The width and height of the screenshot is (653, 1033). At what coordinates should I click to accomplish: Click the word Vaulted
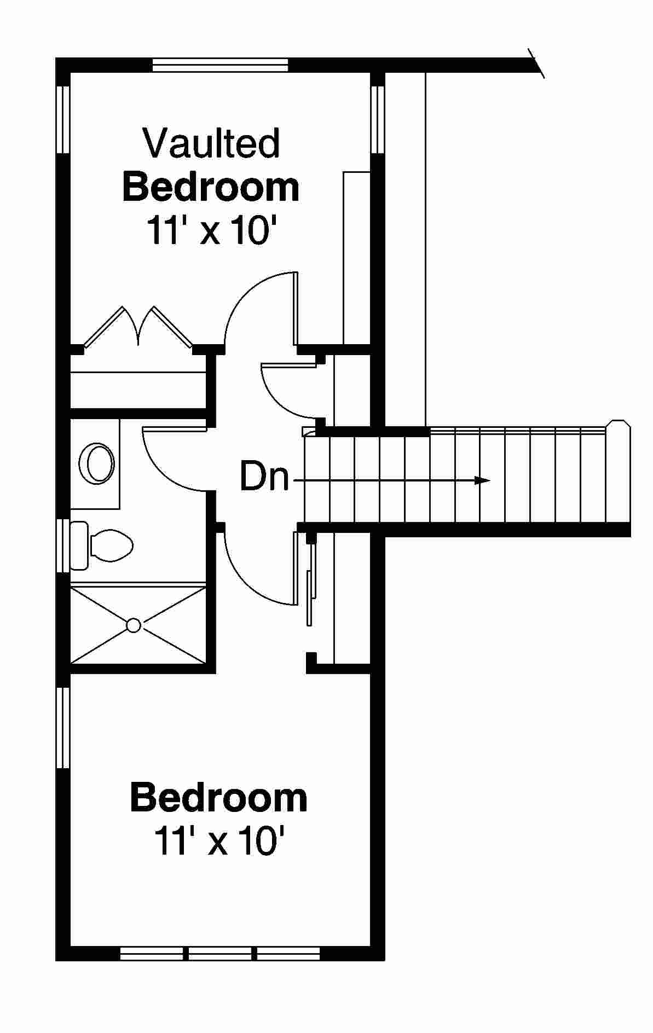211,143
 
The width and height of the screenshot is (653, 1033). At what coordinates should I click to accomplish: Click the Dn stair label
264,477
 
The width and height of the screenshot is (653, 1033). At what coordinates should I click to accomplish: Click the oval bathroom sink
97,463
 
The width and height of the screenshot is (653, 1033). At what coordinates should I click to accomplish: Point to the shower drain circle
134,625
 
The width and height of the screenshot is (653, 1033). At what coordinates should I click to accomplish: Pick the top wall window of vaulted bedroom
220,65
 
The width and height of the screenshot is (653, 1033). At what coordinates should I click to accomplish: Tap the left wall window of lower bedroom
63,727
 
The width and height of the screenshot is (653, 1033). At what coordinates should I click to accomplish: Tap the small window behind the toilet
63,545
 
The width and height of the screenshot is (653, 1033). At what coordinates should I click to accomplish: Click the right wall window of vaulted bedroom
378,119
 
